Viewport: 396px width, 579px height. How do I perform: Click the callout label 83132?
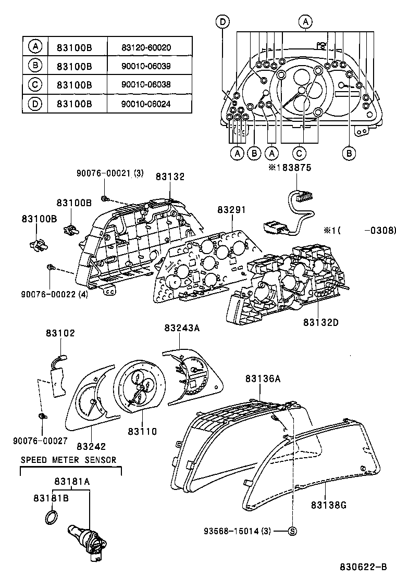(x=170, y=177)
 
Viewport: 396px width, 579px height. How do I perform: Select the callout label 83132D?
(x=321, y=322)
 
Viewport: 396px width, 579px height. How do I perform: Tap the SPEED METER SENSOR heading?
(x=68, y=460)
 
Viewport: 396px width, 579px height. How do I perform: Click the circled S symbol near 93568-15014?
(x=292, y=531)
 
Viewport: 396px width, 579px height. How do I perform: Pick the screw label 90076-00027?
(x=40, y=440)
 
